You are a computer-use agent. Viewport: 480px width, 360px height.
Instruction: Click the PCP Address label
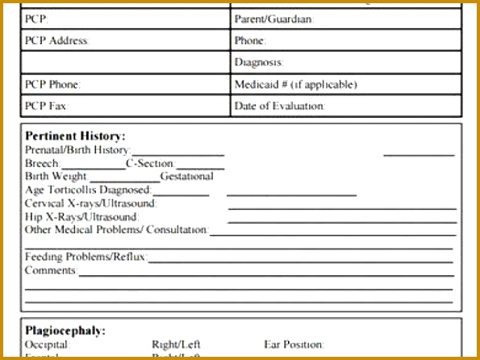pyautogui.click(x=56, y=40)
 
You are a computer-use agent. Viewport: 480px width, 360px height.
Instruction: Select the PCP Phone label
pyautogui.click(x=53, y=84)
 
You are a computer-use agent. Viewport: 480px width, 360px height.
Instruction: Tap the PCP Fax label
pyautogui.click(x=47, y=106)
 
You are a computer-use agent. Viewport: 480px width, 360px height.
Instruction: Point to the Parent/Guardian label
pyautogui.click(x=274, y=19)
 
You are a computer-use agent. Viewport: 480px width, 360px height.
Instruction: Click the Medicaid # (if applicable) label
pyautogui.click(x=295, y=84)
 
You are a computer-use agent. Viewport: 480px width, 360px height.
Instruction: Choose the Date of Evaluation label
pyautogui.click(x=280, y=106)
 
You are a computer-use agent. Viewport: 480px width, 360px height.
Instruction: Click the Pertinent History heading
pyautogui.click(x=75, y=136)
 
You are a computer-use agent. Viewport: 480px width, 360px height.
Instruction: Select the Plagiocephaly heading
pyautogui.click(x=65, y=331)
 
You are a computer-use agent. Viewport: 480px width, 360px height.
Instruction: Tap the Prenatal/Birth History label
pyautogui.click(x=77, y=150)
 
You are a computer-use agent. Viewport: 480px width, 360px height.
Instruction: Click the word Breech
pyautogui.click(x=42, y=163)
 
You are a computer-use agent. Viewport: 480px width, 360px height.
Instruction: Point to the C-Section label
pyautogui.click(x=150, y=163)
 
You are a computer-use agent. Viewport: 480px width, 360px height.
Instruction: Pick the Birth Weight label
pyautogui.click(x=56, y=176)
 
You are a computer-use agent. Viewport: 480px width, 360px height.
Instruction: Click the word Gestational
pyautogui.click(x=187, y=176)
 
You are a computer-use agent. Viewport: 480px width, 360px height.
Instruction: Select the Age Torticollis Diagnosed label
pyautogui.click(x=88, y=190)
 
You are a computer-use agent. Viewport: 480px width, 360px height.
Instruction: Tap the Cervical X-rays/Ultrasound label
pyautogui.click(x=90, y=203)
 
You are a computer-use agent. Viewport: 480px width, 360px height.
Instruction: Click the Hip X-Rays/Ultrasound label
pyautogui.click(x=81, y=216)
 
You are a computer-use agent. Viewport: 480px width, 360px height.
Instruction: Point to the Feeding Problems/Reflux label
pyautogui.click(x=86, y=257)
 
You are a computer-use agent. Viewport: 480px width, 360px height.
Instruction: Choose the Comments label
pyautogui.click(x=51, y=270)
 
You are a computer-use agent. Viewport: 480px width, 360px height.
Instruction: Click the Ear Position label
pyautogui.click(x=294, y=345)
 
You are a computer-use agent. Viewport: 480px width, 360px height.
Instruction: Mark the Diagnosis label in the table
pyautogui.click(x=259, y=62)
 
